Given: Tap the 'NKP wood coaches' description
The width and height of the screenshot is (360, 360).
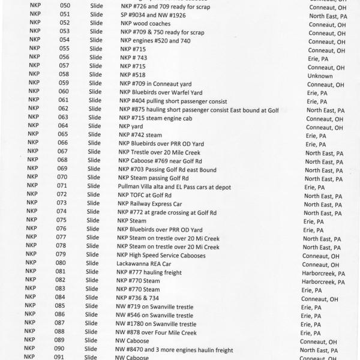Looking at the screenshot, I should tap(146, 23).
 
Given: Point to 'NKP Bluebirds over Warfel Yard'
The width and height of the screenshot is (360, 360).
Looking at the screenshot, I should tap(161, 92).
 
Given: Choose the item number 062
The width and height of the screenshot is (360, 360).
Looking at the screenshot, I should tap(63, 109).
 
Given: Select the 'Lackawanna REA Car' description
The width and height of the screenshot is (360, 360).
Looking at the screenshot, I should tap(145, 263).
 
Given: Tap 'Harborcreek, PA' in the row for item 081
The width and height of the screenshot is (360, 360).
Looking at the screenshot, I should tap(323, 273).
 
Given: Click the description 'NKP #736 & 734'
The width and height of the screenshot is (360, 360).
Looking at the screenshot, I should tap(139, 298).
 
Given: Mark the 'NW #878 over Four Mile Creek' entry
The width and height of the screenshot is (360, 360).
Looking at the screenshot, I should tap(155, 332).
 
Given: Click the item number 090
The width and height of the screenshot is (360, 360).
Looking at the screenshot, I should tap(59, 349).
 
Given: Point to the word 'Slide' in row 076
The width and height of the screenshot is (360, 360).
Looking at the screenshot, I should tap(92, 229).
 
